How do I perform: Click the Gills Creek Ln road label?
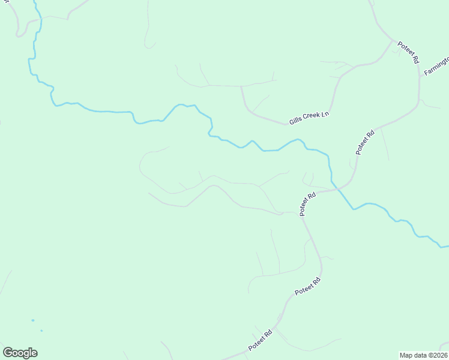pos(310,117)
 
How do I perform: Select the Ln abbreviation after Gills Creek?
pos(325,113)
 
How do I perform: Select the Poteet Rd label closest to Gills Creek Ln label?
pos(365,142)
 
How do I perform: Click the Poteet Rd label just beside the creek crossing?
pos(308,204)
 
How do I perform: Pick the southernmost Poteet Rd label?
pos(261,340)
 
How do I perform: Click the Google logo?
pos(20,353)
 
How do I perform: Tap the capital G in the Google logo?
pos(8,352)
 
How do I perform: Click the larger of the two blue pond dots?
pos(32,320)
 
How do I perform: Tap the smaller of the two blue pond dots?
pos(41,331)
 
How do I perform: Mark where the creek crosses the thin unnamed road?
pos(36,19)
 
